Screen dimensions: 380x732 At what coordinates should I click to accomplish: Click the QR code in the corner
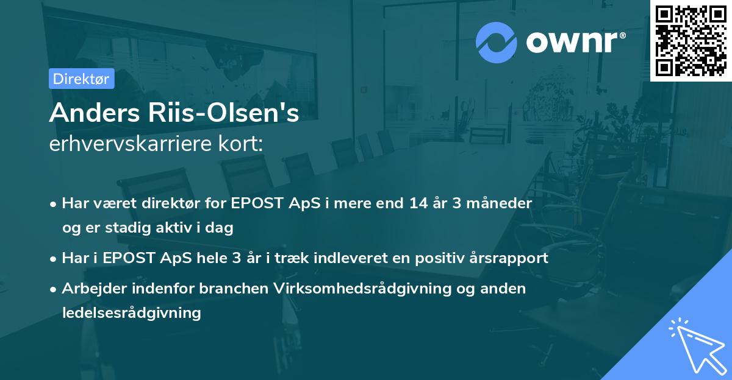pyautogui.click(x=691, y=40)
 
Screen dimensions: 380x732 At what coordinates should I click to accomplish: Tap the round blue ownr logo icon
pyautogui.click(x=496, y=43)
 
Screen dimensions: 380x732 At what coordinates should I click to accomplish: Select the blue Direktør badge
pyautogui.click(x=81, y=79)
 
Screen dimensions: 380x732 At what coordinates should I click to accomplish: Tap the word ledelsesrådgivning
pyautogui.click(x=131, y=312)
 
